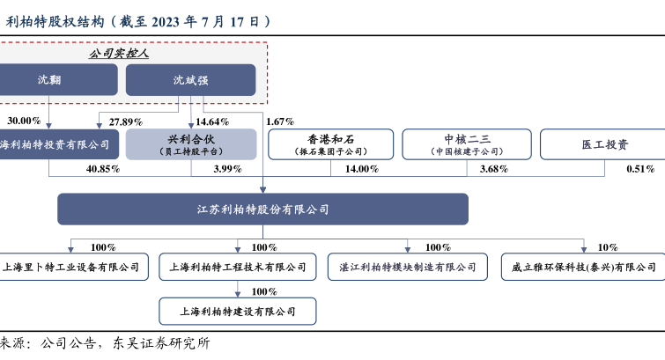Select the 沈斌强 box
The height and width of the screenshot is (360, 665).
click(190, 80)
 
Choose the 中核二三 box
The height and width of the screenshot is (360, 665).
click(466, 143)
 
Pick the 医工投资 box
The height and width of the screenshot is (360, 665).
click(602, 143)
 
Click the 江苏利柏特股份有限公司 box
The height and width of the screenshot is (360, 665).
click(262, 209)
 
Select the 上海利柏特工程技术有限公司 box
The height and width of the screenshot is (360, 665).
click(236, 267)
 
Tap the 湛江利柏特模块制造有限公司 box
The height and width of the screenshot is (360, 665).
click(407, 267)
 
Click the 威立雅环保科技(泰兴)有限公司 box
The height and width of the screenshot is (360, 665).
click(583, 267)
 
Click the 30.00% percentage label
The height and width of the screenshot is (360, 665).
click(24, 121)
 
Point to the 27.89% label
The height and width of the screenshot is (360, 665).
click(126, 121)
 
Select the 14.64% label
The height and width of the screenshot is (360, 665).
click(213, 121)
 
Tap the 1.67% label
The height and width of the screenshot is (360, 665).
click(279, 121)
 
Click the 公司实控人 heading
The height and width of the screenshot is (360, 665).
click(119, 54)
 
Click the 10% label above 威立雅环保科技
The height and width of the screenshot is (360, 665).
click(608, 247)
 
